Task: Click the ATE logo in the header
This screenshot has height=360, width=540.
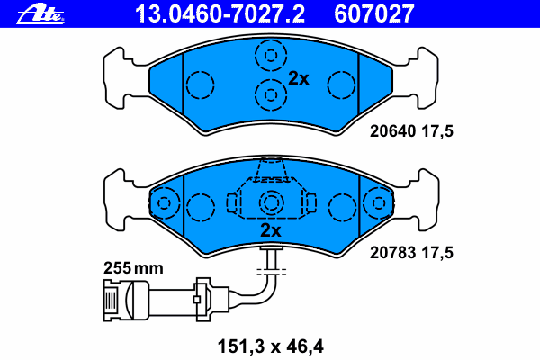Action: click(x=40, y=15)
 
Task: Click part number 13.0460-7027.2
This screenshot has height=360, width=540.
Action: click(x=220, y=13)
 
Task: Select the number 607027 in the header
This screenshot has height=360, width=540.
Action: click(x=374, y=13)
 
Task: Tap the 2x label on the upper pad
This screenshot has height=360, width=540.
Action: click(x=299, y=79)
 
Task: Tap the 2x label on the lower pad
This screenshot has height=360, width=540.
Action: click(x=271, y=230)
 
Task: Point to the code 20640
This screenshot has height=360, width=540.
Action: click(x=392, y=131)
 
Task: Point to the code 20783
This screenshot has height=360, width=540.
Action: click(x=392, y=253)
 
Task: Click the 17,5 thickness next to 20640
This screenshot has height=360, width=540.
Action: click(x=437, y=131)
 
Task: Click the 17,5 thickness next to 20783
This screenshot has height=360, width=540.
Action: click(x=437, y=253)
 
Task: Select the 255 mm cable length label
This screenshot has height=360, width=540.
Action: click(x=133, y=268)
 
